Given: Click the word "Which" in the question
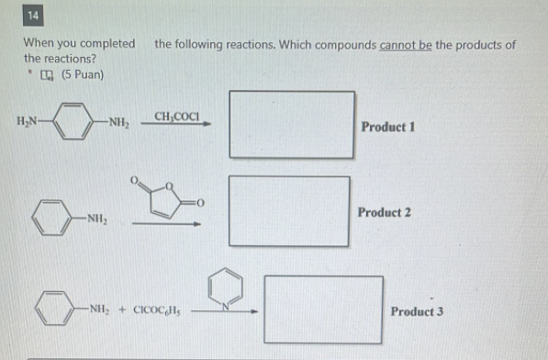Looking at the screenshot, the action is [308, 44].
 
